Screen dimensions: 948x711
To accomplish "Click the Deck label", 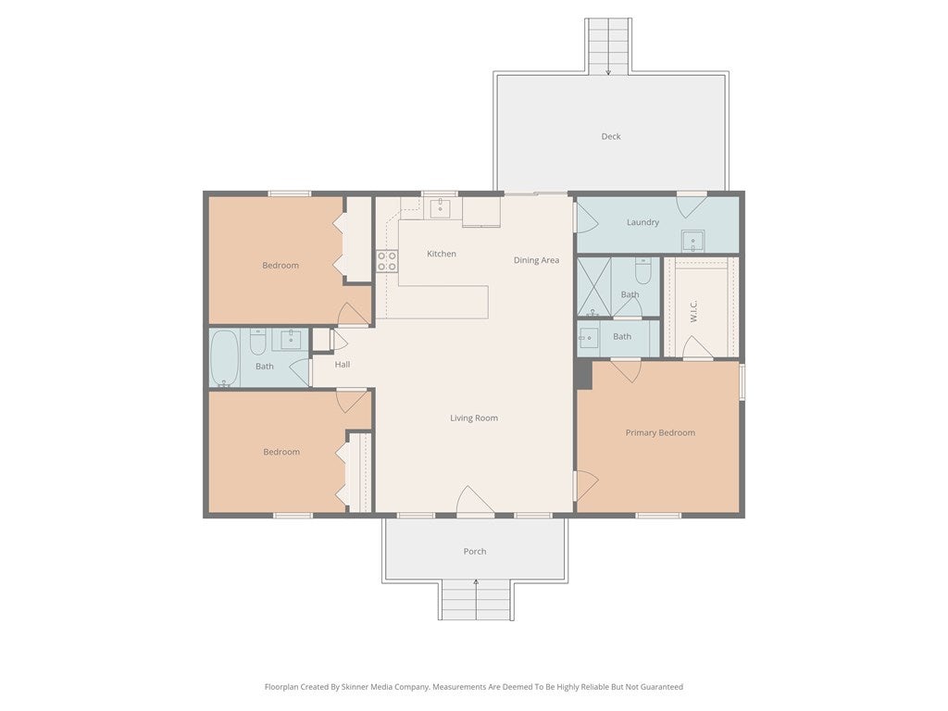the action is [611, 137].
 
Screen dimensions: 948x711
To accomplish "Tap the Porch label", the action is [475, 552].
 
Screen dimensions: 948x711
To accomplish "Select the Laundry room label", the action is [642, 222].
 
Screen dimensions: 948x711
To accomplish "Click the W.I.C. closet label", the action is [693, 311].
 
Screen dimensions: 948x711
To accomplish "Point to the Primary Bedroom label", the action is [660, 433].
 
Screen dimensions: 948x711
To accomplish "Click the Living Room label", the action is [474, 418].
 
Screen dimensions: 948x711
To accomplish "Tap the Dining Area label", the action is [536, 260].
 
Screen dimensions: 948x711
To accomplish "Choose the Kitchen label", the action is [442, 254].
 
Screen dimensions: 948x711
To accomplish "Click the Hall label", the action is [343, 365].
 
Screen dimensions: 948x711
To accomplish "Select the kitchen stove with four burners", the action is [387, 261].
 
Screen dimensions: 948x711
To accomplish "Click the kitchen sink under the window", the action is [440, 208].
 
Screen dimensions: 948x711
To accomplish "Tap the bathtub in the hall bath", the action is [225, 357].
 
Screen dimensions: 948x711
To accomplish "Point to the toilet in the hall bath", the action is [257, 343].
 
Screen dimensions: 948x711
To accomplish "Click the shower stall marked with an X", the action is [593, 287].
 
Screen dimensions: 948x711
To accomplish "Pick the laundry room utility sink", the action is [692, 241].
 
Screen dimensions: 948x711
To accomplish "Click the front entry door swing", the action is [475, 501].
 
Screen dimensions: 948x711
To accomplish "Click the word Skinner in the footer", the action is [354, 687].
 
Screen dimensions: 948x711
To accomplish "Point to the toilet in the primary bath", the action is [642, 271].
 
